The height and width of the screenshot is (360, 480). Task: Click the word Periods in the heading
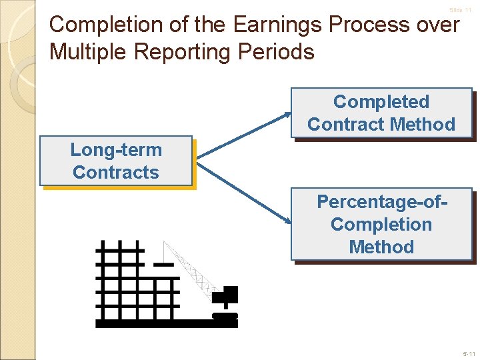[281, 52]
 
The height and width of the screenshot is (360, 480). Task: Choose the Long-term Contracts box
[116, 161]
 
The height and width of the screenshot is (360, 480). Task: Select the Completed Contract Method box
[381, 113]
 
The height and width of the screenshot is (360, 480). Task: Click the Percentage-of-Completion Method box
[381, 225]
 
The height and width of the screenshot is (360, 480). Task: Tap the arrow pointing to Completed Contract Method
[244, 136]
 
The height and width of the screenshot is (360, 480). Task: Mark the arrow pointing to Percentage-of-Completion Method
[244, 193]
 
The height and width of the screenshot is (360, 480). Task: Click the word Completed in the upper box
[381, 102]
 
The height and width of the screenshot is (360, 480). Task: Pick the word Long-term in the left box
[116, 150]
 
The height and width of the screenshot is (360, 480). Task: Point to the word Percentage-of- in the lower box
[381, 201]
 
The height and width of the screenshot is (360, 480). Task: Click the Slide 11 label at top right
[460, 11]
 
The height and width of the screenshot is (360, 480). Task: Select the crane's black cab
[229, 294]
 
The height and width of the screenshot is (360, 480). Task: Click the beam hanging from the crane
[163, 265]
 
